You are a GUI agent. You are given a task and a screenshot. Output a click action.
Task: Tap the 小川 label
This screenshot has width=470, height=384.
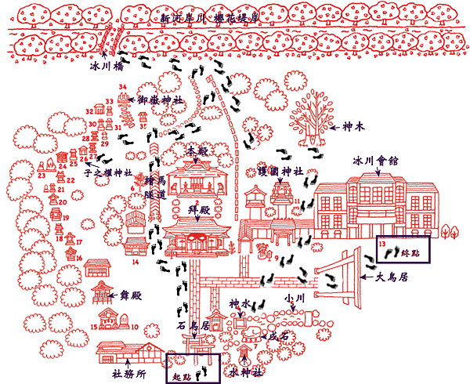(294, 299)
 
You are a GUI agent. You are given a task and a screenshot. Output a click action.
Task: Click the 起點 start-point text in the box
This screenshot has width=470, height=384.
(181, 376)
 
